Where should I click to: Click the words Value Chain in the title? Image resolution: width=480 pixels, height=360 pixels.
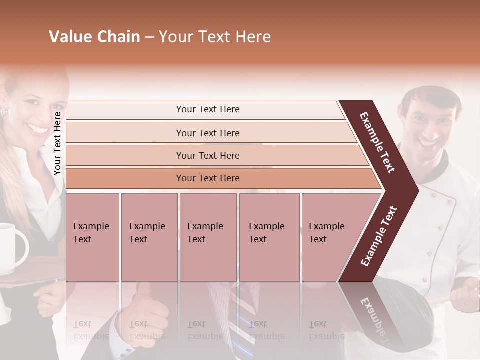[x=94, y=37]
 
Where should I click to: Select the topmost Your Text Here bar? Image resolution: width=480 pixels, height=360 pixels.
[x=207, y=109]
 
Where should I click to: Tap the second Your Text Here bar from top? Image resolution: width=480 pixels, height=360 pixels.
[x=207, y=133]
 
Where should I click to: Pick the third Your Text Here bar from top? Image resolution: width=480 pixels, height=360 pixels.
[x=207, y=155]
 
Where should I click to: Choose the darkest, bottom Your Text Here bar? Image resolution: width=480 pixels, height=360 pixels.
[x=207, y=178]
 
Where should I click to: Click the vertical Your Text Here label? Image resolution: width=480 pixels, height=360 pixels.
[x=58, y=143]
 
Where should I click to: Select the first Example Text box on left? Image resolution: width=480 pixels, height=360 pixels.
[x=92, y=237]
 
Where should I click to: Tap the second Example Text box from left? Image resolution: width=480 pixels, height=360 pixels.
[x=149, y=237]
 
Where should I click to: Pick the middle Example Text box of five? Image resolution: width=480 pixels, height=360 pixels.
[x=208, y=237]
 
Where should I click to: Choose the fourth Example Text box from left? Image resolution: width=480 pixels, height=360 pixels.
[x=269, y=237]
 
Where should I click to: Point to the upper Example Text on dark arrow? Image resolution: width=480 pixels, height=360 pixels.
[x=377, y=142]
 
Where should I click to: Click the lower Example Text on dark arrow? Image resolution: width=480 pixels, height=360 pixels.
[x=379, y=236]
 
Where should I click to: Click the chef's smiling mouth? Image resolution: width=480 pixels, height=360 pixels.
[x=429, y=143]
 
